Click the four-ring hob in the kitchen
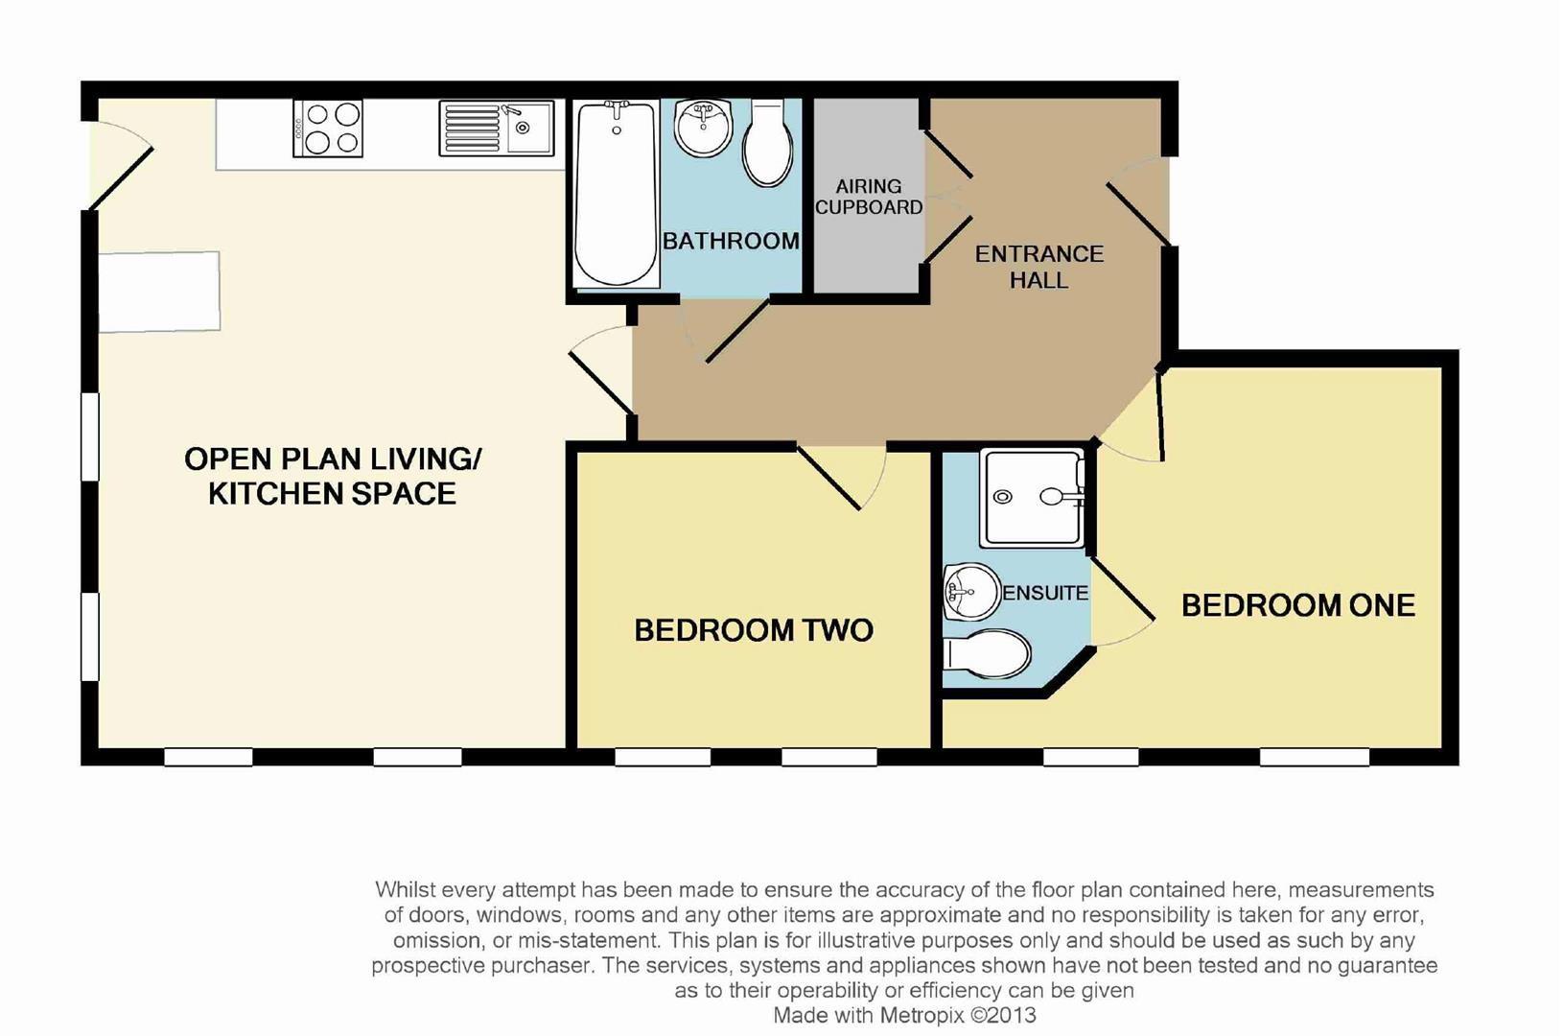click(328, 129)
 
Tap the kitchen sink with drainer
click(497, 129)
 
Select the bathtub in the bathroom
click(617, 194)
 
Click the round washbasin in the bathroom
click(704, 127)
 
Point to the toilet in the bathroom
click(768, 143)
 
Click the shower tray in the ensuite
click(1033, 498)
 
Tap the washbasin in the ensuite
click(972, 592)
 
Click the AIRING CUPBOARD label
click(869, 197)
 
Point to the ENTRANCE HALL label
click(1039, 267)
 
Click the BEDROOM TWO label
click(754, 630)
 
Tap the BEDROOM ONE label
click(1298, 605)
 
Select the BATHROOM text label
click(731, 241)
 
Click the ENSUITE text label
click(1045, 593)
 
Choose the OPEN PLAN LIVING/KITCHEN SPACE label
click(332, 476)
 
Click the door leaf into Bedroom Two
click(828, 479)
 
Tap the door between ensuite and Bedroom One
click(1124, 588)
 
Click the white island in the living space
click(159, 292)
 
